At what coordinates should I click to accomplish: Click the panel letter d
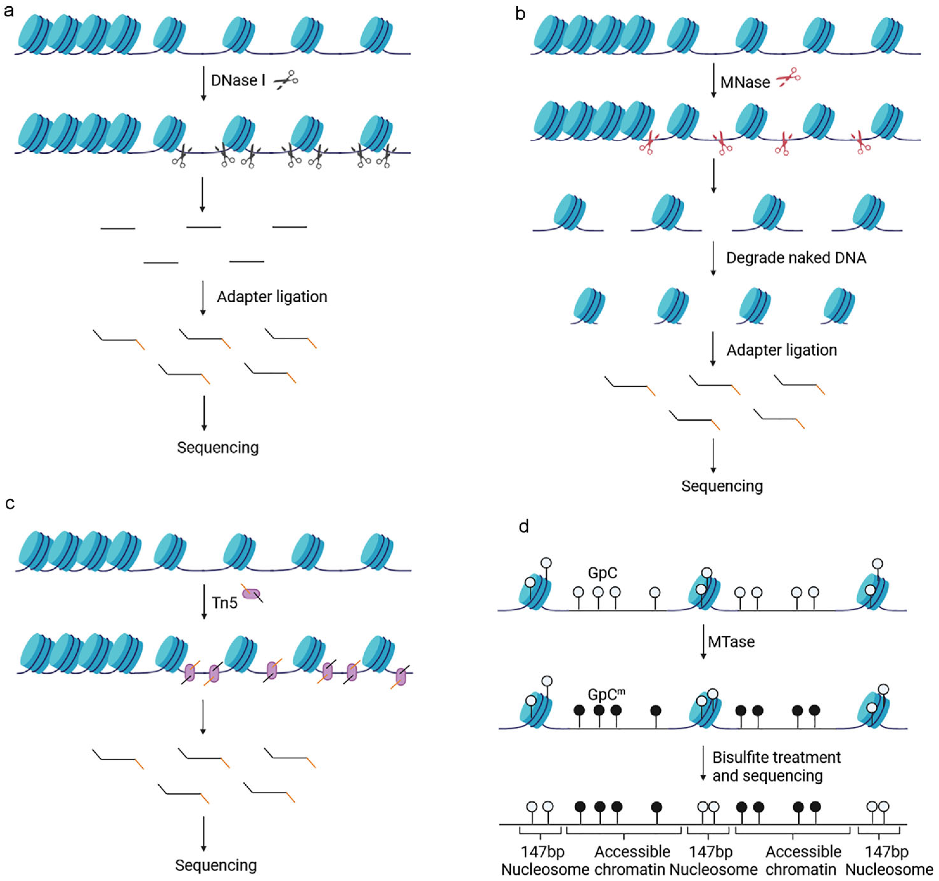pyautogui.click(x=523, y=526)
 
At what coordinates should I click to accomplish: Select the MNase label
pyautogui.click(x=745, y=83)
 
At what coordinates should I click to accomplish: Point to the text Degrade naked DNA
pyautogui.click(x=796, y=258)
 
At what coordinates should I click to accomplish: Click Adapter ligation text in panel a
pyautogui.click(x=272, y=297)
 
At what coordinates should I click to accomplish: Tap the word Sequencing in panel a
pyautogui.click(x=218, y=447)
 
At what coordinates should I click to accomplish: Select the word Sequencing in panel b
pyautogui.click(x=722, y=486)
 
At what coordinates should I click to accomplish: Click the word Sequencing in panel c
pyautogui.click(x=216, y=865)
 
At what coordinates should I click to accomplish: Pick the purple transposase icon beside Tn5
pyautogui.click(x=251, y=594)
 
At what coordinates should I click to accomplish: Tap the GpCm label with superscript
pyautogui.click(x=606, y=694)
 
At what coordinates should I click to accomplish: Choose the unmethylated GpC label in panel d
pyautogui.click(x=602, y=573)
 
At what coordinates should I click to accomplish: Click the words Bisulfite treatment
pyautogui.click(x=776, y=757)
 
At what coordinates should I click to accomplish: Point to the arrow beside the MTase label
pyautogui.click(x=703, y=641)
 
